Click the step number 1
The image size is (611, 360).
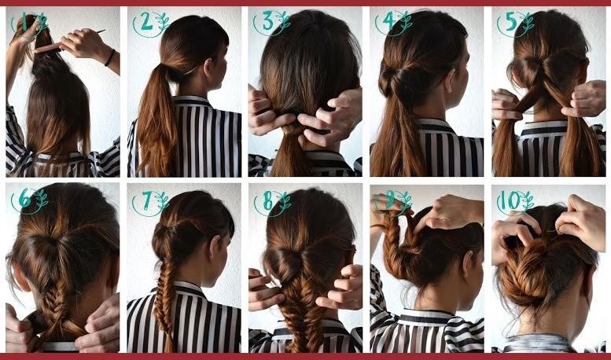(x=24, y=22)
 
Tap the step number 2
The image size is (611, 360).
(x=147, y=23)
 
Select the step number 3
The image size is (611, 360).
(x=267, y=21)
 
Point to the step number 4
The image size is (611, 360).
(x=390, y=22)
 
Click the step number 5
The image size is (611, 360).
(x=512, y=22)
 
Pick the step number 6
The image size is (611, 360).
(x=24, y=200)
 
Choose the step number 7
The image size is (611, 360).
(x=147, y=200)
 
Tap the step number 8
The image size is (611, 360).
(x=268, y=200)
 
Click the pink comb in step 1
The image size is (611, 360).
(x=47, y=47)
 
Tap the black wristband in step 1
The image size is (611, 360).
(x=110, y=57)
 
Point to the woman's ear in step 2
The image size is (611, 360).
(x=208, y=66)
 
